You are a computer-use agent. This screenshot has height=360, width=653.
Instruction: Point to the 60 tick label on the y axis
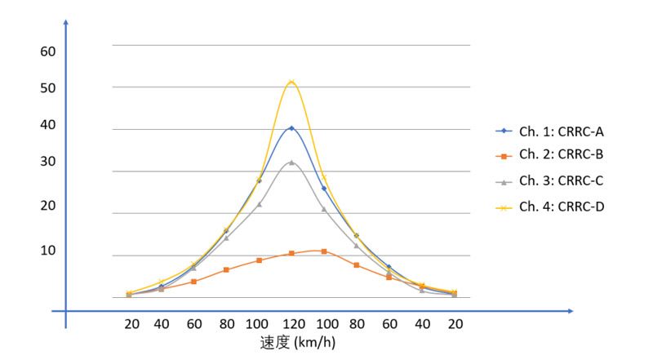pyautogui.click(x=47, y=51)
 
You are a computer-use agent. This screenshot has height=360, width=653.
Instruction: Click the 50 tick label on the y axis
pyautogui.click(x=47, y=88)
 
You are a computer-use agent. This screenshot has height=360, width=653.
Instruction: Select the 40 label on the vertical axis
pyautogui.click(x=47, y=125)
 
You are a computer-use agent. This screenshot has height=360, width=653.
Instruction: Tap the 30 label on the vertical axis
pyautogui.click(x=47, y=162)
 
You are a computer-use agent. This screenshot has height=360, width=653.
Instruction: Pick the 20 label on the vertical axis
pyautogui.click(x=47, y=206)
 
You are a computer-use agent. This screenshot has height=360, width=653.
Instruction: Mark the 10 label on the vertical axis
pyautogui.click(x=47, y=250)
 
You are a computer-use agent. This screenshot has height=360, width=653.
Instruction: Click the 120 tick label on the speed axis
pyautogui.click(x=291, y=324)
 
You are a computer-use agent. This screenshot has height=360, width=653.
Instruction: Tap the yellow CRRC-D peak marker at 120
pyautogui.click(x=291, y=82)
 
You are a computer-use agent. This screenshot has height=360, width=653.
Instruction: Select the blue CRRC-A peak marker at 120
pyautogui.click(x=291, y=128)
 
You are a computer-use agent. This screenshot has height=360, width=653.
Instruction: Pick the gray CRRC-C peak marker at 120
pyautogui.click(x=291, y=162)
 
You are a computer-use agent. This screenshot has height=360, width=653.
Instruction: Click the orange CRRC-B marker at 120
pyautogui.click(x=291, y=254)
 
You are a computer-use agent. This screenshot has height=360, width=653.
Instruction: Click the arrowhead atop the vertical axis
pyautogui.click(x=65, y=20)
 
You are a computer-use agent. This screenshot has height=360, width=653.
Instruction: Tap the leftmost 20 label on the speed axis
pyautogui.click(x=131, y=324)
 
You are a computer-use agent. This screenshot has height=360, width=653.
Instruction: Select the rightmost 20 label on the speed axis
pyautogui.click(x=455, y=324)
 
